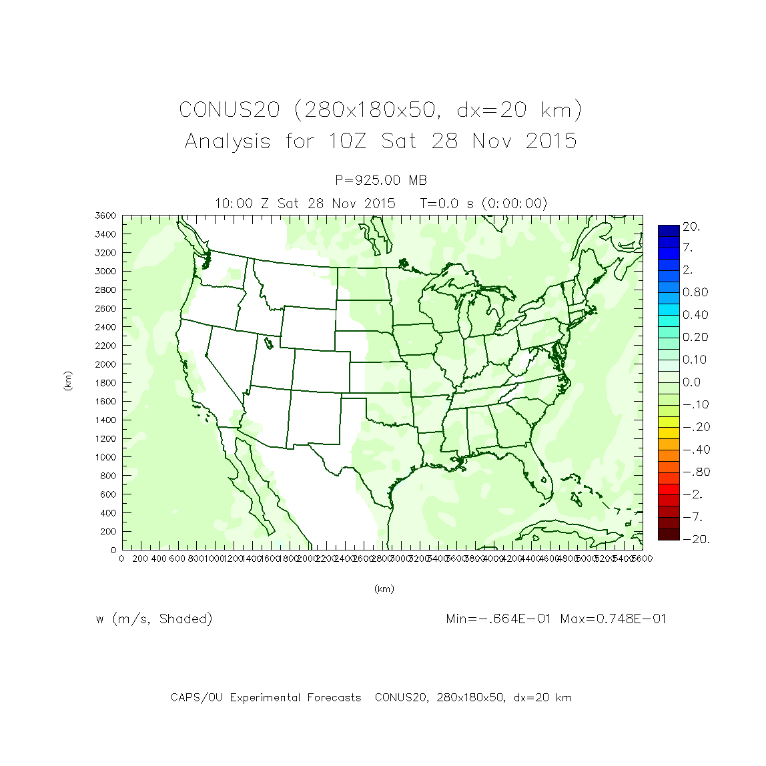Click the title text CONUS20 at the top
[229, 109]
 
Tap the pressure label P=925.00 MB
[381, 180]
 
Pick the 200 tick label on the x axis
[141, 558]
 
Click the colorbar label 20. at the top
[691, 227]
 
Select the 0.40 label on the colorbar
[695, 315]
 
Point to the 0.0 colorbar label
[691, 382]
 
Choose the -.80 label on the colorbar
[696, 472]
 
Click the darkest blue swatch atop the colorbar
[669, 231]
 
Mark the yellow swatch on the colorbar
[669, 422]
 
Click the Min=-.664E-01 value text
[498, 619]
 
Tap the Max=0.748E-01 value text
[613, 619]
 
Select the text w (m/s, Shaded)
[154, 619]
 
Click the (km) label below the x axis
[384, 589]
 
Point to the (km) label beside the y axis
[67, 381]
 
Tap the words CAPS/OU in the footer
[196, 698]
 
